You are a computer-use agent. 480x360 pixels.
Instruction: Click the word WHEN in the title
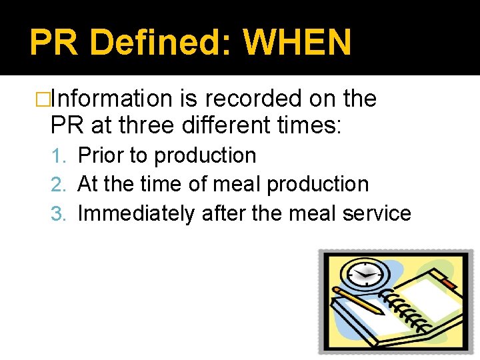(x=297, y=43)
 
